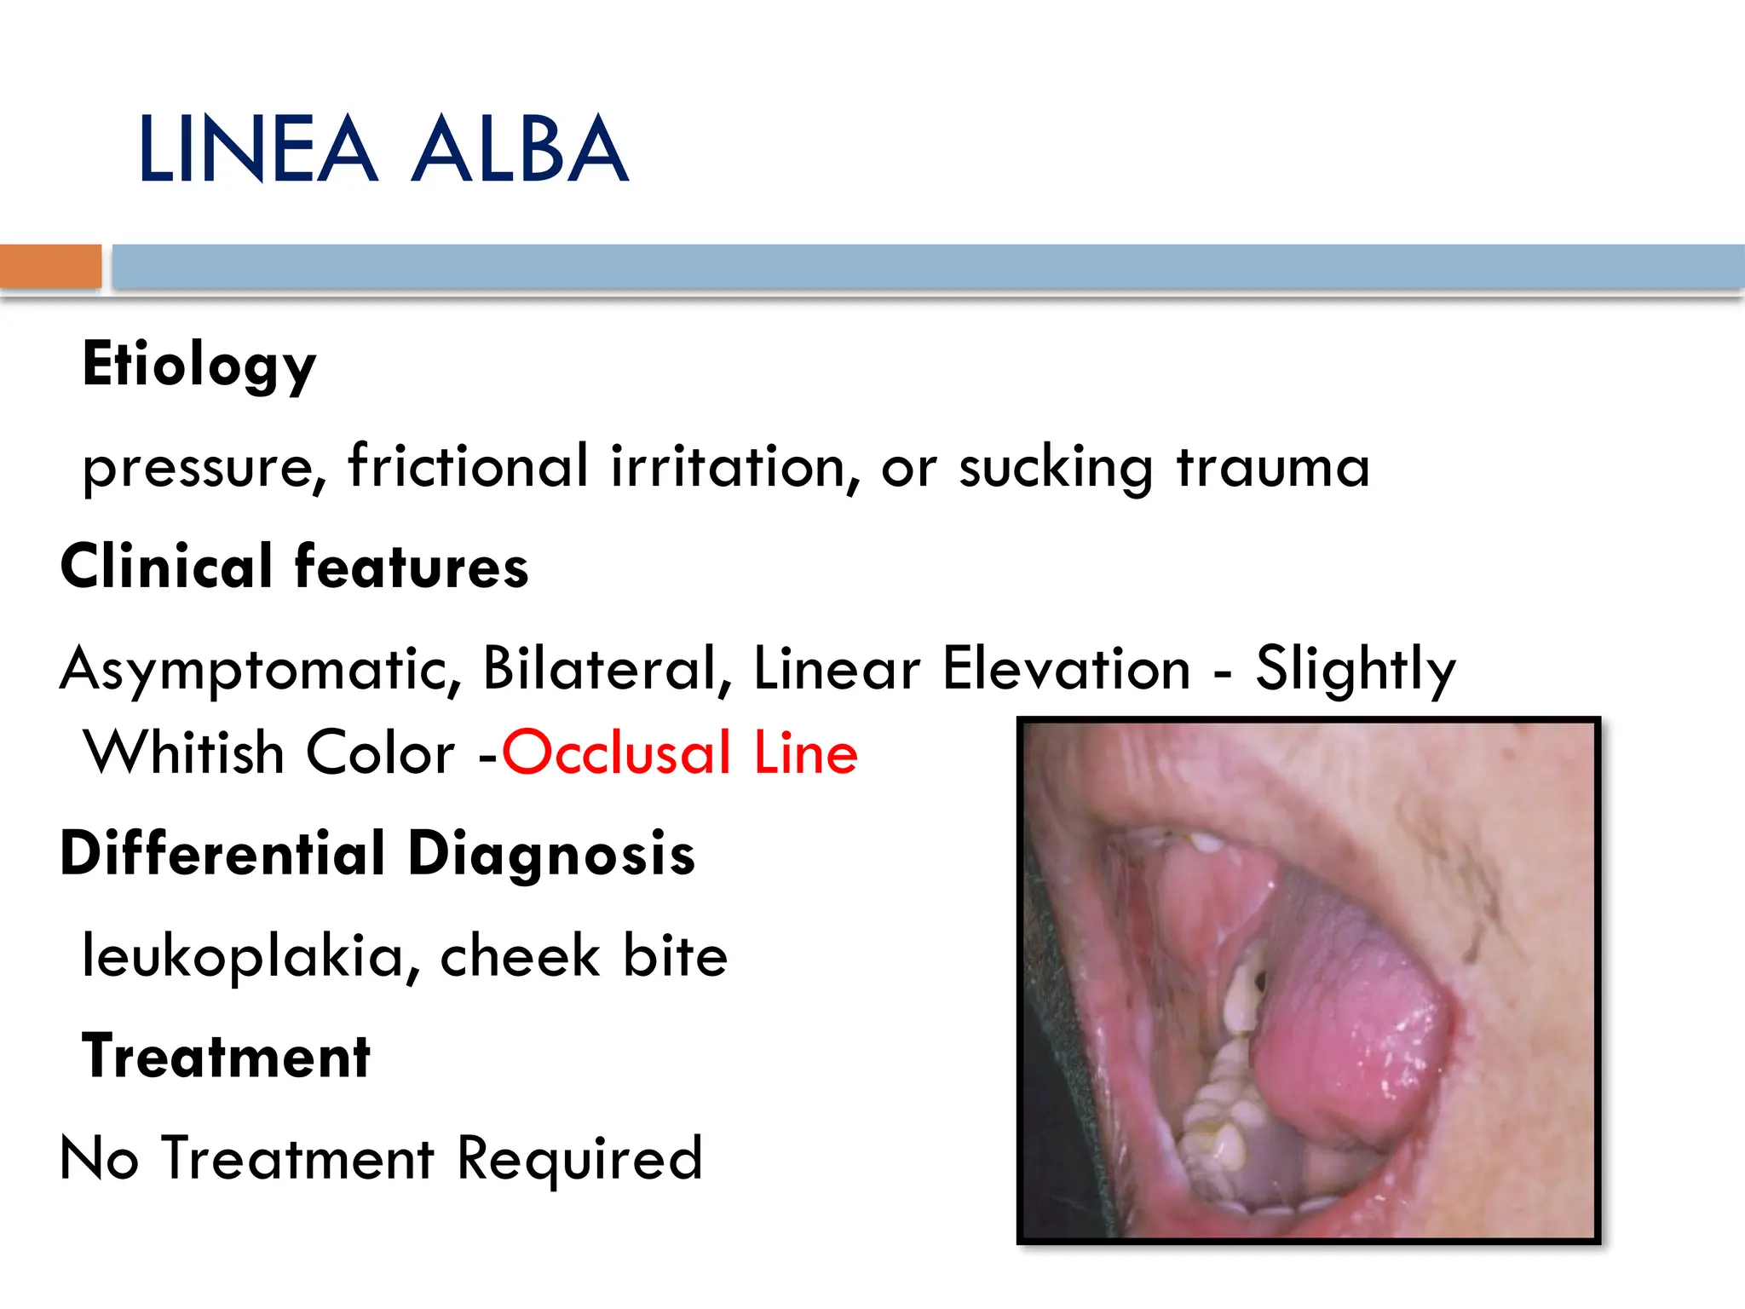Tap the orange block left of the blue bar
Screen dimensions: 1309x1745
click(50, 266)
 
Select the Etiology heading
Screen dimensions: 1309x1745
click(199, 366)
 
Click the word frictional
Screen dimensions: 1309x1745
click(468, 466)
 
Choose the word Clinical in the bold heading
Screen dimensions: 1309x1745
click(166, 567)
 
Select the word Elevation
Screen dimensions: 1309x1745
click(1066, 668)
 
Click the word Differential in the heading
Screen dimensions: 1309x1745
click(222, 854)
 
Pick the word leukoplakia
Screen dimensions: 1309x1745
click(243, 956)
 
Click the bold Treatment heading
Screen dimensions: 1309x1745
click(226, 1057)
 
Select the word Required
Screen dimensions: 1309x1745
click(579, 1159)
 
